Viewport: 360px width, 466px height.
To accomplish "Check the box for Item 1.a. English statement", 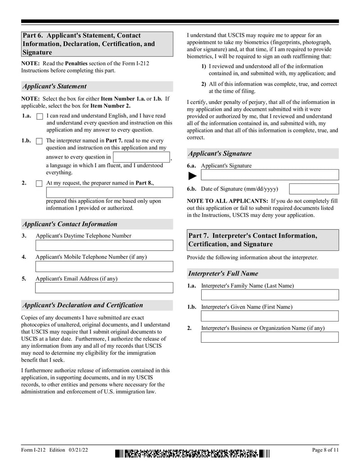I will (x=39, y=117).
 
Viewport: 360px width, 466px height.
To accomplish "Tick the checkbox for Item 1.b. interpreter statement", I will (x=39, y=141).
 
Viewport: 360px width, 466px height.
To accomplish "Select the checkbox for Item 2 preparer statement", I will (x=39, y=184).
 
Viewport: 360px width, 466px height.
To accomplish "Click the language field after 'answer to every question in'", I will (x=141, y=157).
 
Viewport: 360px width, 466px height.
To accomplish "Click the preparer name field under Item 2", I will (x=109, y=193).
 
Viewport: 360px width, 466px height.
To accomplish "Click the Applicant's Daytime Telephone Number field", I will (x=104, y=245).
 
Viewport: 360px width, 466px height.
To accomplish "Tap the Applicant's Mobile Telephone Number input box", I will (x=104, y=267).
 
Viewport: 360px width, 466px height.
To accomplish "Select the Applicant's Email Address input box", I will (x=104, y=288).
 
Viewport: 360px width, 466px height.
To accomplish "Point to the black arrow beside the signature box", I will (x=193, y=176).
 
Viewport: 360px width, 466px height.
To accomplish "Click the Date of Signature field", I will (x=314, y=189).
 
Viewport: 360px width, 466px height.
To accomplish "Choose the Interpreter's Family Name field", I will (x=270, y=295).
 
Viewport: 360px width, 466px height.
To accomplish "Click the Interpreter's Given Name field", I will (x=270, y=316).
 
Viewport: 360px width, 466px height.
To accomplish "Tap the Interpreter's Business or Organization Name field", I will (x=270, y=337).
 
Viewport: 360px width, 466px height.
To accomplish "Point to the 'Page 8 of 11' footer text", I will (x=325, y=450).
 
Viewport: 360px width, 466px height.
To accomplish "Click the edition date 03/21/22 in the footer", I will (x=79, y=450).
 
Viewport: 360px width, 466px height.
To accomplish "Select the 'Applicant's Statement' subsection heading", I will (x=54, y=86).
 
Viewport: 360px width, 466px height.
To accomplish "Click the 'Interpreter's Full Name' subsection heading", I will (x=223, y=274).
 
